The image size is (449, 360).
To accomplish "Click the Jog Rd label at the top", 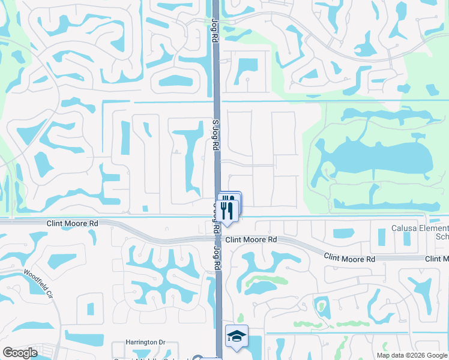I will [214, 29].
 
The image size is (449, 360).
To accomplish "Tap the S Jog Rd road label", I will [214, 138].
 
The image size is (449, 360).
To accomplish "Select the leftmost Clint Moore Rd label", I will [72, 223].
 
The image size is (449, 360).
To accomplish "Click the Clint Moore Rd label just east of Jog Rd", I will [252, 239].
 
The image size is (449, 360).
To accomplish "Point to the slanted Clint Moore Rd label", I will [349, 257].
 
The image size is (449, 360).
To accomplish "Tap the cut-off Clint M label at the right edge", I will [436, 259].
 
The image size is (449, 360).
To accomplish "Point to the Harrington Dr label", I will [145, 342].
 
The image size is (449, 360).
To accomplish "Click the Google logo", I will [19, 353].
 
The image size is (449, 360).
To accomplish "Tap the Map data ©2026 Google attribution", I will [412, 355].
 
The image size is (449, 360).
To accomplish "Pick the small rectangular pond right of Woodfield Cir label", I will [90, 309].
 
